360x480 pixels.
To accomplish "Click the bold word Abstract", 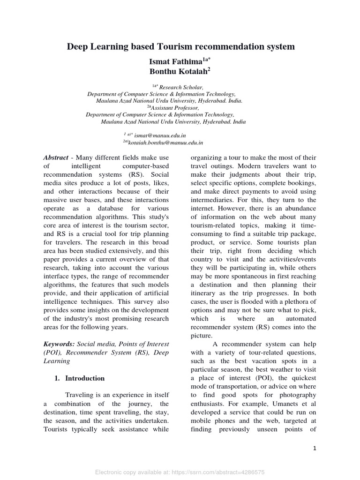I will click(56, 157).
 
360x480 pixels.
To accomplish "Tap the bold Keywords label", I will click(59, 344).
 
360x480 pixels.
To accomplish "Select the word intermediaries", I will click(214, 200).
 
